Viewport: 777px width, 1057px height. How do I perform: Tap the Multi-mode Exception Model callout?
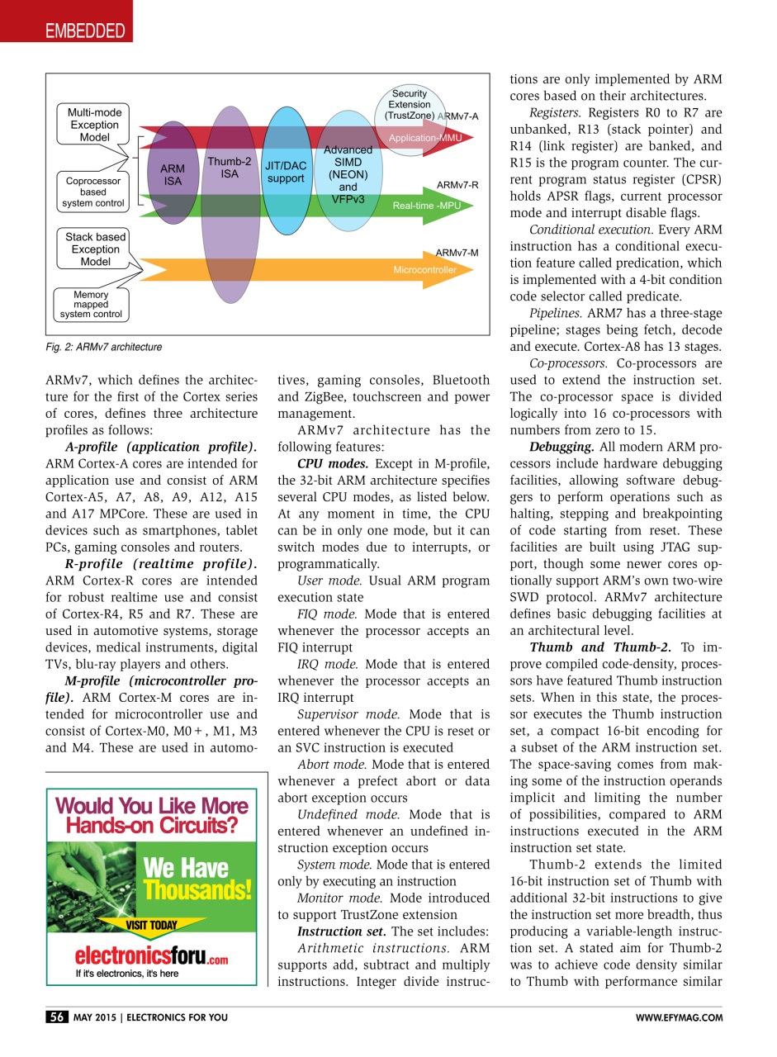click(x=93, y=125)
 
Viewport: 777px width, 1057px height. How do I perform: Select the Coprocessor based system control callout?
click(x=93, y=192)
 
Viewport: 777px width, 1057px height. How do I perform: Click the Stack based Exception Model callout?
click(x=95, y=249)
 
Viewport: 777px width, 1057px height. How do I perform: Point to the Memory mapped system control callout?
click(x=91, y=305)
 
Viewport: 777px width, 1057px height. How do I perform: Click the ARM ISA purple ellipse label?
click(x=173, y=175)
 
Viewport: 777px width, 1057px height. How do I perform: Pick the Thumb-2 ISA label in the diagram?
click(x=229, y=168)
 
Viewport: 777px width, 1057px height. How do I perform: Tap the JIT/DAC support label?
click(x=286, y=172)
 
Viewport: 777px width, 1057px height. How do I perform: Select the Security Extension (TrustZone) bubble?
click(x=410, y=105)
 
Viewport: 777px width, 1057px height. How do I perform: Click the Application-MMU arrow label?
click(x=425, y=138)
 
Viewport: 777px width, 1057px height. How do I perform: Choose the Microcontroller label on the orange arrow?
click(x=424, y=270)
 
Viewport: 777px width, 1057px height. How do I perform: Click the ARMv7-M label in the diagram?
click(x=457, y=252)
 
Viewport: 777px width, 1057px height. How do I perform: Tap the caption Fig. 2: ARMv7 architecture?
click(x=104, y=348)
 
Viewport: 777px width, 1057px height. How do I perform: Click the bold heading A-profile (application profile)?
click(x=161, y=447)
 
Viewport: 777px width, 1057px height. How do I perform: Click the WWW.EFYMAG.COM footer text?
click(x=679, y=1018)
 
